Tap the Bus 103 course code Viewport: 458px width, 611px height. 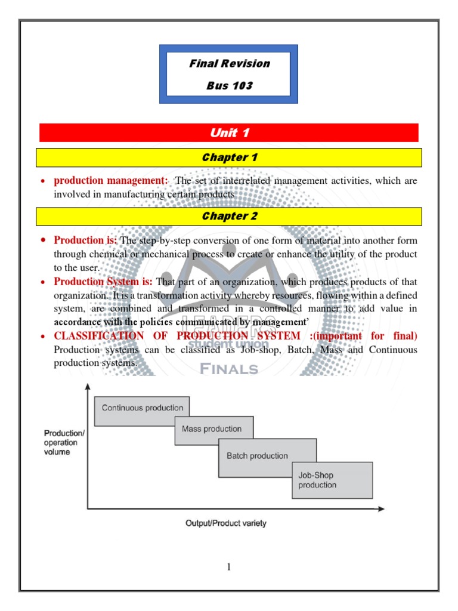tap(230, 85)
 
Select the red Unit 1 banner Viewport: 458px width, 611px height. tap(229, 132)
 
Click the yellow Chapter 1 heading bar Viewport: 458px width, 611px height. tap(229, 158)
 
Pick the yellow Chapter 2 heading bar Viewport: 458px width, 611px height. tap(229, 217)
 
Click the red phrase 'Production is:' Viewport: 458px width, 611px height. tap(86, 240)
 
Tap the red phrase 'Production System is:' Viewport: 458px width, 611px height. tap(103, 281)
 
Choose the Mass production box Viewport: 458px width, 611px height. tap(213, 430)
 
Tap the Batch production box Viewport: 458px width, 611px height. tap(267, 456)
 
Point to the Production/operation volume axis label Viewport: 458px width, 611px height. tap(64, 442)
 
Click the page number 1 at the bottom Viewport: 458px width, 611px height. tap(228, 567)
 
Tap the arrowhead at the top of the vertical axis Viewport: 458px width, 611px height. tap(88, 388)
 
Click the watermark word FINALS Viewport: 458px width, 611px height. tap(229, 369)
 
